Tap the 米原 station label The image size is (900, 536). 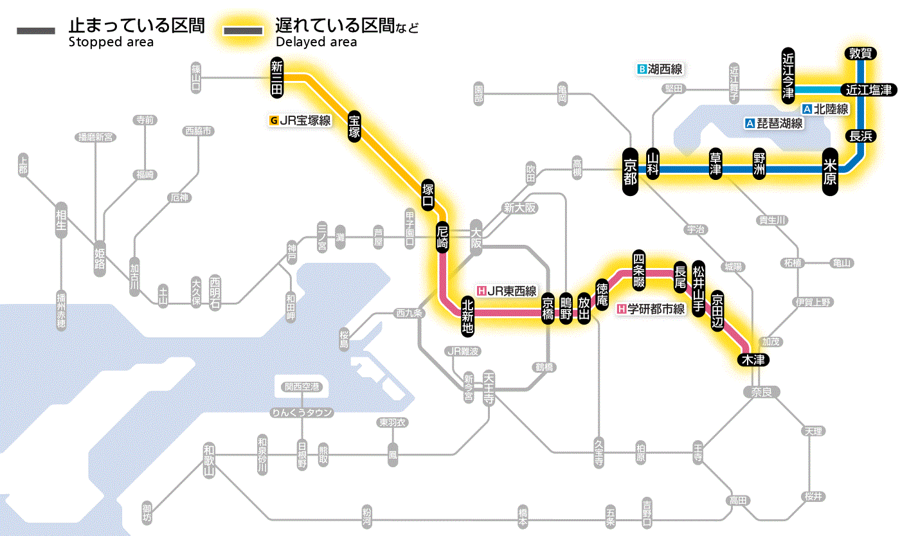click(830, 172)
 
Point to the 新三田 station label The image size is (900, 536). click(277, 78)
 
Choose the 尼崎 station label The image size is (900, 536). click(442, 238)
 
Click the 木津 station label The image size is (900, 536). click(753, 359)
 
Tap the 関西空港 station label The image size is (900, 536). click(301, 387)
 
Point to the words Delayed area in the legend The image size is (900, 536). click(316, 42)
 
